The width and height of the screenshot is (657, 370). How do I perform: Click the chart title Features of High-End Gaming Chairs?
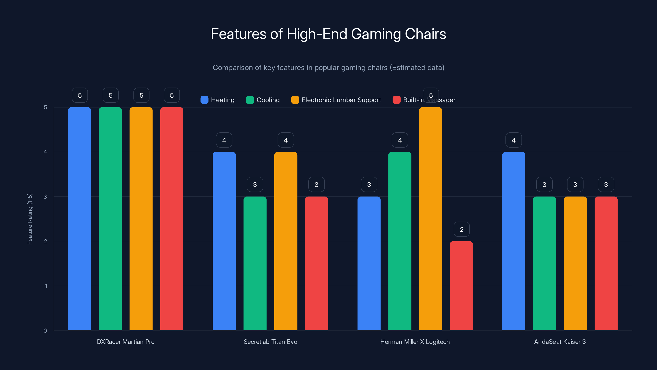click(328, 34)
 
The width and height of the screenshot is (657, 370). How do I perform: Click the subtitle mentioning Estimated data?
click(328, 68)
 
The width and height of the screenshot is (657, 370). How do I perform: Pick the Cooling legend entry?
click(263, 100)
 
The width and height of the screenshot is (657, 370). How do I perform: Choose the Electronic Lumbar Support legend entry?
click(336, 100)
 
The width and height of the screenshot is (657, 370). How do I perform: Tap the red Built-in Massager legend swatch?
click(396, 100)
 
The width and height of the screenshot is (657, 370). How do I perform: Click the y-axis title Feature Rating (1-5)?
click(30, 219)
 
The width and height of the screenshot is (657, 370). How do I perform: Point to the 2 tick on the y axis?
click(45, 241)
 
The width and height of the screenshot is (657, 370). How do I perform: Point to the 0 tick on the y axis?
click(45, 331)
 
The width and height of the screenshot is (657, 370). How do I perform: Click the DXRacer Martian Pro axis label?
click(126, 342)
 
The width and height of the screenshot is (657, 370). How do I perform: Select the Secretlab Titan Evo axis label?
click(270, 342)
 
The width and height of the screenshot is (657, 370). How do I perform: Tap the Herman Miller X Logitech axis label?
click(415, 342)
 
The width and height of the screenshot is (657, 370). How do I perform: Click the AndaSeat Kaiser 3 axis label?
click(560, 342)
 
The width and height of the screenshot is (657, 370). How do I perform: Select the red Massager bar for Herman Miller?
click(461, 286)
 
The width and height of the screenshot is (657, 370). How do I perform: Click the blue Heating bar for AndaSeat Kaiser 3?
click(514, 241)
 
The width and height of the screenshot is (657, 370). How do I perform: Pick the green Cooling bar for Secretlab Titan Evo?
click(255, 263)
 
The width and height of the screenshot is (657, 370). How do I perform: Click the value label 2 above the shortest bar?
click(462, 229)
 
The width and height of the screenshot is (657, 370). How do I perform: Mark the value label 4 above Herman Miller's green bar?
click(400, 140)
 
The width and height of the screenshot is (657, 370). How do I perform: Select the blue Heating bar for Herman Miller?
click(369, 263)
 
